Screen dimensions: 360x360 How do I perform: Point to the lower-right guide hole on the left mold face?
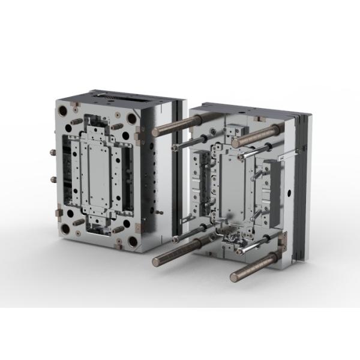(x=132, y=242)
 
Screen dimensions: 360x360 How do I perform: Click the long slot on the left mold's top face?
(x=117, y=97)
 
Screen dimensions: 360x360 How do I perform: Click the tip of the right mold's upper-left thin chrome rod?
(x=174, y=146)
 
